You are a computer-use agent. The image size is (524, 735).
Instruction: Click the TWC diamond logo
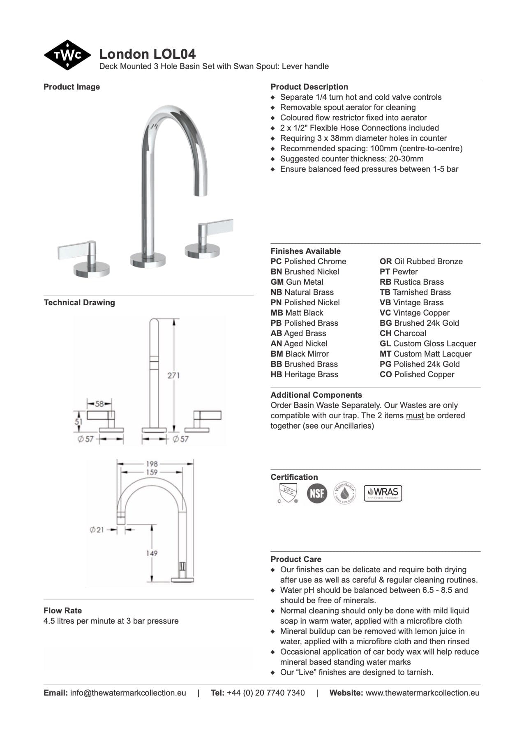[67, 55]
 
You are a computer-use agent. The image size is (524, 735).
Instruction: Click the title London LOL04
[147, 54]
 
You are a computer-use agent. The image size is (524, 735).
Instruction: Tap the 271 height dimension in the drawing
[173, 375]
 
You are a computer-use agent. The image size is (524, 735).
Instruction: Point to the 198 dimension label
[152, 464]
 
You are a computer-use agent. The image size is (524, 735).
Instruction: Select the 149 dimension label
[152, 553]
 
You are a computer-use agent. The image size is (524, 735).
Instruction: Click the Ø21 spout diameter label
[97, 530]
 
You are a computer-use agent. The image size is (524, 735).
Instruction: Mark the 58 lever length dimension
[99, 403]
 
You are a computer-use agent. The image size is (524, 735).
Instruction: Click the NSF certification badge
[317, 493]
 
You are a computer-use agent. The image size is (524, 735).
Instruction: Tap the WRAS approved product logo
[383, 493]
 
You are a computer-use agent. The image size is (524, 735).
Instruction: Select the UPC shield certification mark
[288, 493]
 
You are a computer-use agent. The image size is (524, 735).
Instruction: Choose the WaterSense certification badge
[344, 493]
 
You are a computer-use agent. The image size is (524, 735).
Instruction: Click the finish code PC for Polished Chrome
[276, 262]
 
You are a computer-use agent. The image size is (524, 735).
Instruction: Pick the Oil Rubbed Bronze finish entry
[421, 262]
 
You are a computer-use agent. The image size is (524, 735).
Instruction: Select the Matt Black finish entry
[297, 313]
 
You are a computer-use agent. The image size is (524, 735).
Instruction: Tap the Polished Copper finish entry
[417, 375]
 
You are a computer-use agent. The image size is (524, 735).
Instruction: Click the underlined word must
[414, 416]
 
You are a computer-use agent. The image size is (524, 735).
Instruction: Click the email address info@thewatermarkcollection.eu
[128, 693]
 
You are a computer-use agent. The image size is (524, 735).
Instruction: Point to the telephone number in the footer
[265, 693]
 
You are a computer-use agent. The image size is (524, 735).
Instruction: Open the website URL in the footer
[422, 693]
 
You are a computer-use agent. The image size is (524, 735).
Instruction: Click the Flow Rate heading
[62, 611]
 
